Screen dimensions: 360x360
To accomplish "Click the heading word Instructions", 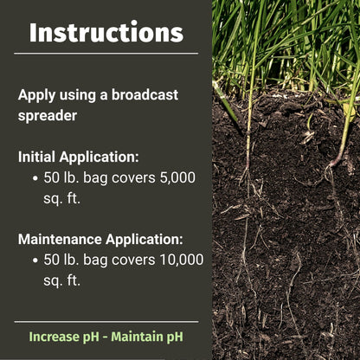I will (x=106, y=32).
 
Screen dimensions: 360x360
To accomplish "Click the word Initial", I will (x=39, y=157).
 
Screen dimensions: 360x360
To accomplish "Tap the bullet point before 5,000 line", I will (x=35, y=178).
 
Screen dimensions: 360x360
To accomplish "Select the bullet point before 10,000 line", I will (x=35, y=260).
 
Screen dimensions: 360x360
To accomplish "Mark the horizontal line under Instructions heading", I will (x=106, y=54).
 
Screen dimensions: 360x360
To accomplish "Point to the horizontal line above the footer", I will (x=106, y=322).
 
